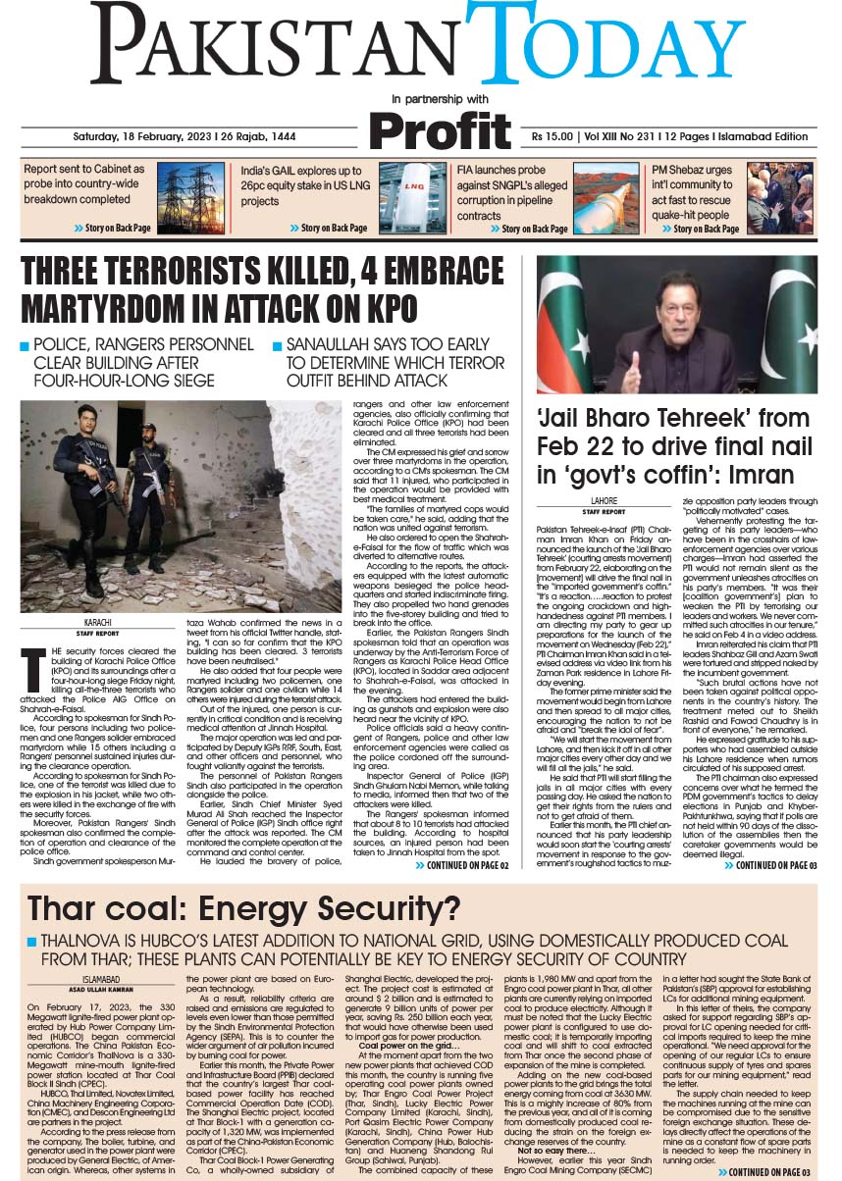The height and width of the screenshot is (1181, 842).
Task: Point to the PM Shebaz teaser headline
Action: (x=691, y=191)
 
